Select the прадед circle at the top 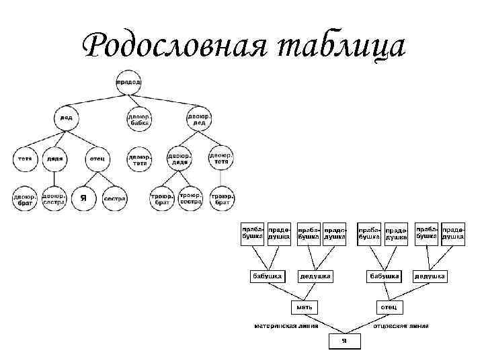coord(128,81)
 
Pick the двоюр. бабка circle coord(139,119)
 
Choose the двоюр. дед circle coord(200,119)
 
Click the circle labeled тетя coord(25,159)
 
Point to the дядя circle coord(55,159)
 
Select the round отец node coord(97,159)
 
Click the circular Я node coord(83,198)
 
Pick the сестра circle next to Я coord(115,198)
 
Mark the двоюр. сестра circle coord(54,198)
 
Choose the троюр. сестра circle coord(190,198)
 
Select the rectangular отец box coord(389,307)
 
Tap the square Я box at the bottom coord(344,341)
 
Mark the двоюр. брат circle coord(25,198)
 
